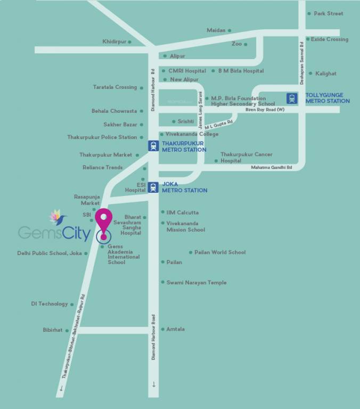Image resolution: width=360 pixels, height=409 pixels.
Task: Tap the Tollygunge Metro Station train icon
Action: click(x=292, y=99)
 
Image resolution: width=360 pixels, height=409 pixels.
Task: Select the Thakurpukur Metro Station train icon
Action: click(x=153, y=146)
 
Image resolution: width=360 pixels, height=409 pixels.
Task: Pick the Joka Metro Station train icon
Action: click(x=153, y=186)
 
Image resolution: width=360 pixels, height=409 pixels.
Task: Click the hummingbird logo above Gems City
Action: click(x=57, y=217)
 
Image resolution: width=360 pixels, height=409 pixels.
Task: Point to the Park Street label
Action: click(x=328, y=13)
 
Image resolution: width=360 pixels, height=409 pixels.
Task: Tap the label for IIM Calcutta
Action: click(x=182, y=212)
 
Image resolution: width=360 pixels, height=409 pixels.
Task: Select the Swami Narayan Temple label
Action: click(x=196, y=282)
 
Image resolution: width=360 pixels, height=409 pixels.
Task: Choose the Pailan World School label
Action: click(x=220, y=252)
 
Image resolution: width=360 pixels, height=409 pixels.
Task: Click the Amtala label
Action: click(x=175, y=329)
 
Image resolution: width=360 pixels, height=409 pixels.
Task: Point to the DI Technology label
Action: click(x=49, y=304)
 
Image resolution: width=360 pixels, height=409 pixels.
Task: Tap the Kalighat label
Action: click(x=325, y=73)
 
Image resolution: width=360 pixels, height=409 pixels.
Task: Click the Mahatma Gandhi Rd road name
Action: click(x=271, y=168)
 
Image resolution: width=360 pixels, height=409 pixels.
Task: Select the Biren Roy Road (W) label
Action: click(x=265, y=110)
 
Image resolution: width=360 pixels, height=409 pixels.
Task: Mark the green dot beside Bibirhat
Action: click(x=67, y=330)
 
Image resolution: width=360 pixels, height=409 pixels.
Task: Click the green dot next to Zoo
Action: click(x=246, y=44)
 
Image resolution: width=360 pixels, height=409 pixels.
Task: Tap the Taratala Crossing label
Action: click(x=114, y=87)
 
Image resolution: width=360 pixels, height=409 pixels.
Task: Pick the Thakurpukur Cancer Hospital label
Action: click(x=246, y=157)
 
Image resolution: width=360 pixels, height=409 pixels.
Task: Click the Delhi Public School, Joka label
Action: click(x=50, y=253)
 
